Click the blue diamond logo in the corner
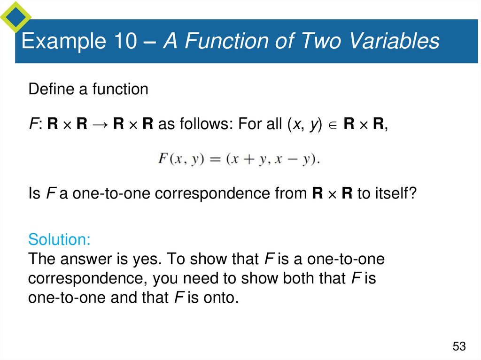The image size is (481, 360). point(16,16)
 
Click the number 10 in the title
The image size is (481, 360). point(124,41)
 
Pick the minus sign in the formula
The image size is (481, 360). point(292,159)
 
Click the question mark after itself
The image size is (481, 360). point(412,193)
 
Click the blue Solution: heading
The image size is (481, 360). point(59,239)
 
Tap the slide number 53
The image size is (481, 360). point(459,346)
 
